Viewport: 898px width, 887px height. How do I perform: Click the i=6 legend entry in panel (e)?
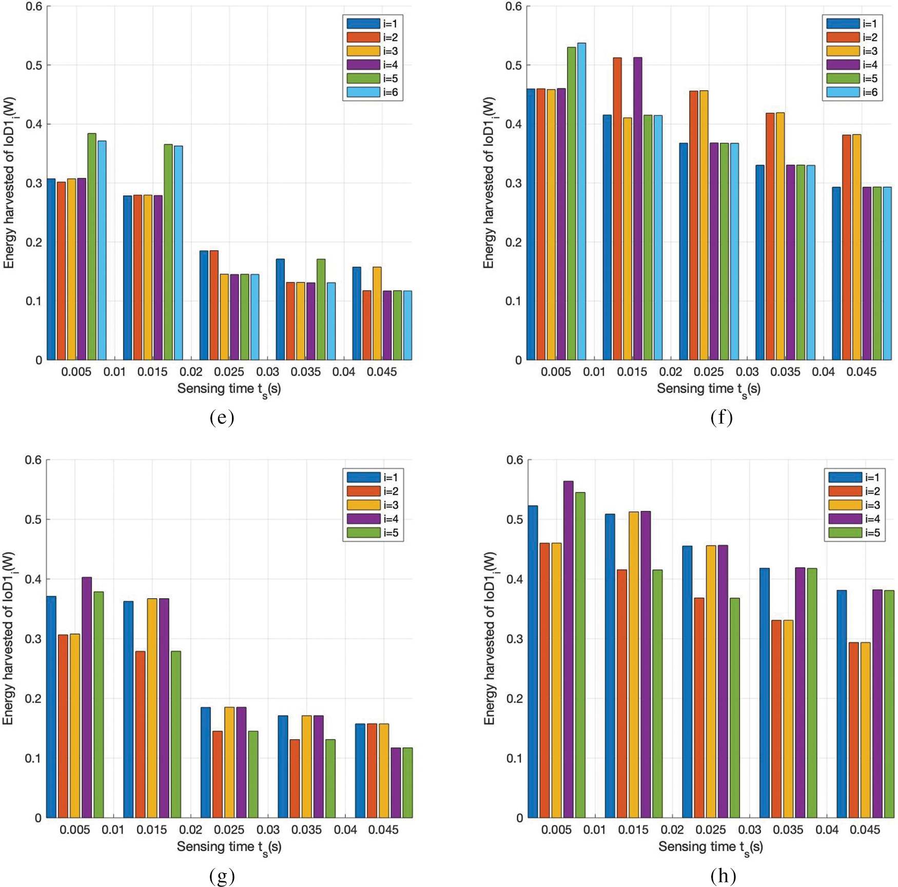tap(373, 92)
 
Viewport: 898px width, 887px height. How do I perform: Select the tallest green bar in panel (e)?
tap(92, 246)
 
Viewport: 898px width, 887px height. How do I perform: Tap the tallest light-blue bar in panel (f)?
tap(581, 201)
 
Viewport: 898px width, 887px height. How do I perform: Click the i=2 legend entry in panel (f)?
tap(852, 37)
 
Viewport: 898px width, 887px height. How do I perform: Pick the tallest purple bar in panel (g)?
tap(87, 697)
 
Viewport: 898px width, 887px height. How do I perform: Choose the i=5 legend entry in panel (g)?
tap(373, 533)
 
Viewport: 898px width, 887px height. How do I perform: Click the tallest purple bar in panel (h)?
tap(569, 649)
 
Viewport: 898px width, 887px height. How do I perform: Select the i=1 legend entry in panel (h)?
tap(854, 478)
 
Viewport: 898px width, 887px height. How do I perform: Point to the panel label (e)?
tap(222, 418)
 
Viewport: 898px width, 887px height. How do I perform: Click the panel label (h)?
tap(723, 875)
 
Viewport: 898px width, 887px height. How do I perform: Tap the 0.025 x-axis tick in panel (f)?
tap(709, 372)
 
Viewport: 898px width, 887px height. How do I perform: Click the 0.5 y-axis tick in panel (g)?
tap(33, 520)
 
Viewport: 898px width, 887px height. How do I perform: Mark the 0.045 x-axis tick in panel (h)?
tap(865, 830)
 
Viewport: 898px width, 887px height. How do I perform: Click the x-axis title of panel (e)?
tap(229, 389)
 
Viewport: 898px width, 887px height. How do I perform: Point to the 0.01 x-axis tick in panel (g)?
tap(113, 830)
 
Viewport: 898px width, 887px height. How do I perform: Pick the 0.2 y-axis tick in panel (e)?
tap(34, 242)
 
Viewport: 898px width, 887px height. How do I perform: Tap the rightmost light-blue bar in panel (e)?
tap(407, 325)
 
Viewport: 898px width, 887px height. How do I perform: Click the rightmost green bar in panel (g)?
tap(407, 782)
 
